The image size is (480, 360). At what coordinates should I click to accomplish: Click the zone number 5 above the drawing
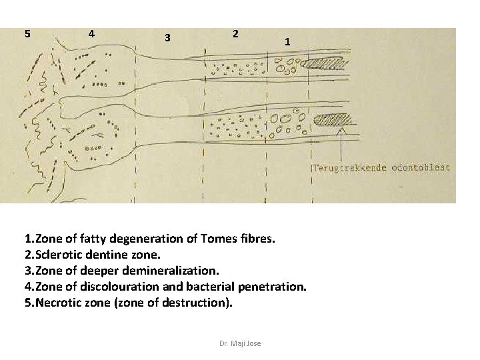(27, 33)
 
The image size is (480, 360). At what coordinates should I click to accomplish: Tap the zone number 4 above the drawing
(91, 33)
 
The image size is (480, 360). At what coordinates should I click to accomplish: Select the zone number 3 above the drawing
(168, 37)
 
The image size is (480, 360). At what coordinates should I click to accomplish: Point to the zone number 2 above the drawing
(235, 33)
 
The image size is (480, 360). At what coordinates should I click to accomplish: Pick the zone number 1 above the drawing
(287, 41)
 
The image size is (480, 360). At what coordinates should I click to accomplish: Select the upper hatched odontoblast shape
(326, 65)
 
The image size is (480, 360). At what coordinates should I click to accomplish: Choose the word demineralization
(171, 271)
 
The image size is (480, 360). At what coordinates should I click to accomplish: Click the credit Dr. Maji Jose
(240, 343)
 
